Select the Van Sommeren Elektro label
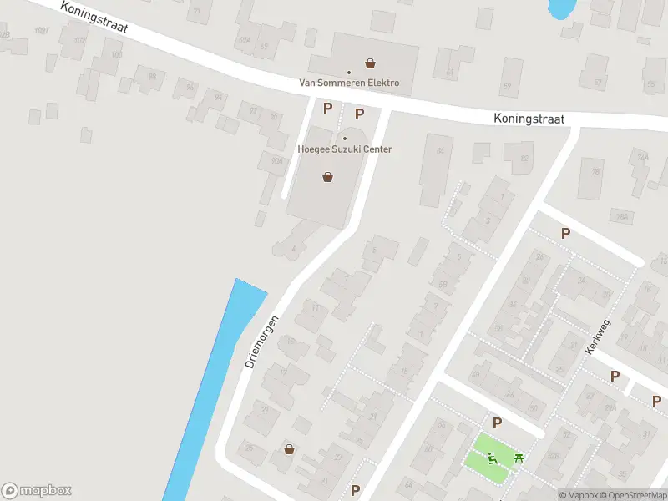coord(349,83)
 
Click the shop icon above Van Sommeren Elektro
coord(370,63)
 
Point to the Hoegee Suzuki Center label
coord(345,149)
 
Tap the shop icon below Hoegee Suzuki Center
coord(328,176)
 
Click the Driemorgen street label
coord(261,342)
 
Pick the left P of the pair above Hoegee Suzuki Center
coord(328,108)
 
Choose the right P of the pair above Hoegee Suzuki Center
coord(360,114)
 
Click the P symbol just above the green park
coord(497,423)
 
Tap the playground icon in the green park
coord(493,457)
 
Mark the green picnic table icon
coord(519,457)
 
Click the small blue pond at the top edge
coord(560,8)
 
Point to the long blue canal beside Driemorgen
coord(213,384)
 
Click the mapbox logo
coord(37,491)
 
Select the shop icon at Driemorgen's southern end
coord(289,449)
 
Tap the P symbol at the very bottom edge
coord(356,490)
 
